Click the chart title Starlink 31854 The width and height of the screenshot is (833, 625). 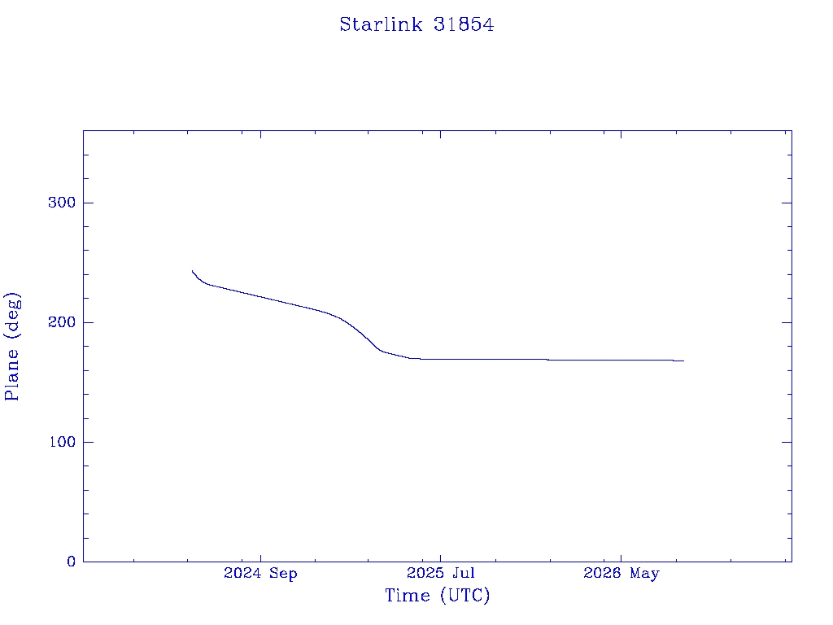pos(416,24)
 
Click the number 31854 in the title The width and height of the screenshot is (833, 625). pos(464,24)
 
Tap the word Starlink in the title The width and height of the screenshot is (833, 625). pos(381,24)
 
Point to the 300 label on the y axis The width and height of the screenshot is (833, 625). pos(62,203)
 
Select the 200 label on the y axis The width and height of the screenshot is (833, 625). pos(62,322)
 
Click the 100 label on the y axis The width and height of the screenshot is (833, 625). pos(62,442)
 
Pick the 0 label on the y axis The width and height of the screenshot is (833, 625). pos(72,562)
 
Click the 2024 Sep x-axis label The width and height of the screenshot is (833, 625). pos(260,573)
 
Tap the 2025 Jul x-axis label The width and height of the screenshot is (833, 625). pos(440,573)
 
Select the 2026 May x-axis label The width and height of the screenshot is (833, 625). pos(621,573)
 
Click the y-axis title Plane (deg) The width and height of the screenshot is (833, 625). pos(11,346)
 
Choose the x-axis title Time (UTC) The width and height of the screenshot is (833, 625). pos(437,595)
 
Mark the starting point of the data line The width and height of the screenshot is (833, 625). pos(192,271)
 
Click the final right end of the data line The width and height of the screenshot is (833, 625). pos(683,361)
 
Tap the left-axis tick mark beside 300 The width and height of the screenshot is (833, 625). pos(88,203)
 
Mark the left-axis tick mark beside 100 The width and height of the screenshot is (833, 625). pos(88,442)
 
